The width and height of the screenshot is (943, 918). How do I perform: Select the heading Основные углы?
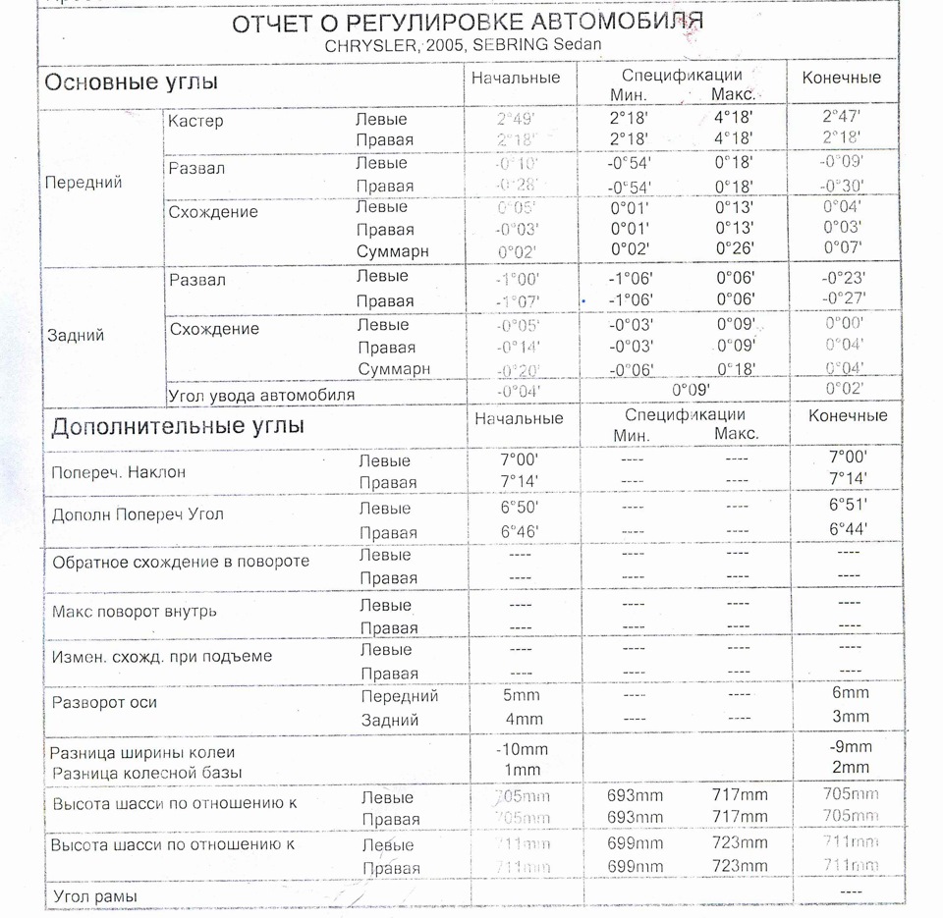pos(131,82)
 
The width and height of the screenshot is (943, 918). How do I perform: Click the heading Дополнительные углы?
pos(178,426)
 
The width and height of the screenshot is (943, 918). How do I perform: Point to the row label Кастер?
pos(195,122)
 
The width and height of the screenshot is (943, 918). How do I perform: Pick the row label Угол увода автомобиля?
pos(261,395)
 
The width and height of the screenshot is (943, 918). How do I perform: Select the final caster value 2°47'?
pos(842,117)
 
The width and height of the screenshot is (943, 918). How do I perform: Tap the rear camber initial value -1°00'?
pos(518,280)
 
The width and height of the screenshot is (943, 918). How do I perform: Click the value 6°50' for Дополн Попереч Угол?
pos(519,506)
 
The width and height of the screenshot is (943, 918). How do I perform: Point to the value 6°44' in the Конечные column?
pos(849,528)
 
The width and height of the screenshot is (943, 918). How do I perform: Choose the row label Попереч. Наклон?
pos(119,472)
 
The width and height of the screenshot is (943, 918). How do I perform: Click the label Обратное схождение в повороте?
pos(181,562)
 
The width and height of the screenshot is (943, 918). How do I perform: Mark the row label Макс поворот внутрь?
pos(135,612)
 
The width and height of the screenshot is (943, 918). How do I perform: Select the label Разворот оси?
pos(104,703)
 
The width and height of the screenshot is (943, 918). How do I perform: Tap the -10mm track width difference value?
pos(523,749)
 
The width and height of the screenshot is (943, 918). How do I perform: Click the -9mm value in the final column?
pos(850,746)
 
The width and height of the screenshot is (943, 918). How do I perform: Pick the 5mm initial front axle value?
pos(522,695)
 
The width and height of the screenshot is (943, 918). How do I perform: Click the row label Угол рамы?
pos(94,896)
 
